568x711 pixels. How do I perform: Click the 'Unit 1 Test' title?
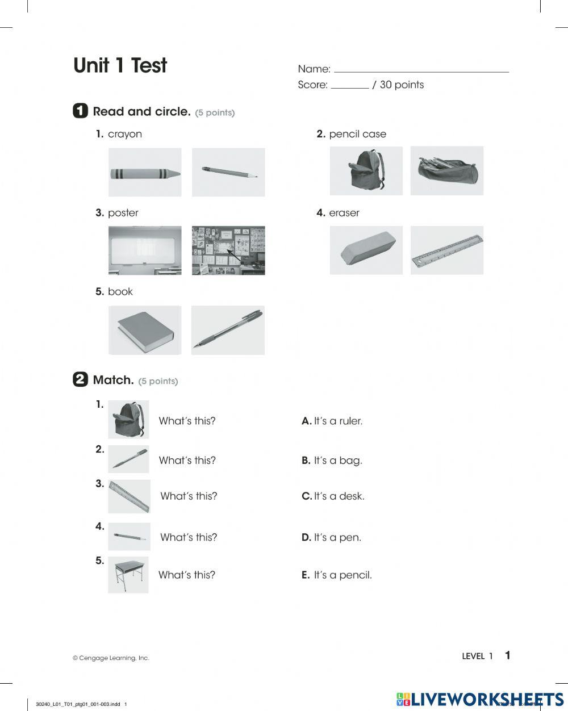click(x=120, y=66)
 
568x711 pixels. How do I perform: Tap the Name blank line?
click(x=421, y=71)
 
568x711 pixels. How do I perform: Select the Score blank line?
click(x=349, y=87)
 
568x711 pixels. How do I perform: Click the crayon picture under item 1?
click(x=145, y=173)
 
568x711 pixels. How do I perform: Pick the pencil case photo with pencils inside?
click(x=446, y=170)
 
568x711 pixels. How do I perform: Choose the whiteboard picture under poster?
click(x=145, y=250)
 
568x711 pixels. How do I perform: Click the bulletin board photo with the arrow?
click(x=228, y=250)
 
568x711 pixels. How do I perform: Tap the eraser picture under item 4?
click(x=366, y=250)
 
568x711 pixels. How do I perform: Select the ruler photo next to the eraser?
click(x=446, y=250)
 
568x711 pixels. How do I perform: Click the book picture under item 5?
click(x=145, y=331)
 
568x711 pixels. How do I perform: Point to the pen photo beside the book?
click(x=228, y=331)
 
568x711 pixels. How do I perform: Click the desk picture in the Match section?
click(x=128, y=575)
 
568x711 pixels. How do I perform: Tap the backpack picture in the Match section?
click(x=128, y=420)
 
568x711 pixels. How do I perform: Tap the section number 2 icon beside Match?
click(x=80, y=380)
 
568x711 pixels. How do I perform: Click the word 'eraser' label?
click(x=344, y=213)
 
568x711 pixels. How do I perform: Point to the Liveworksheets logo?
click(x=480, y=699)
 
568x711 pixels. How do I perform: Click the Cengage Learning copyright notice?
click(x=111, y=658)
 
